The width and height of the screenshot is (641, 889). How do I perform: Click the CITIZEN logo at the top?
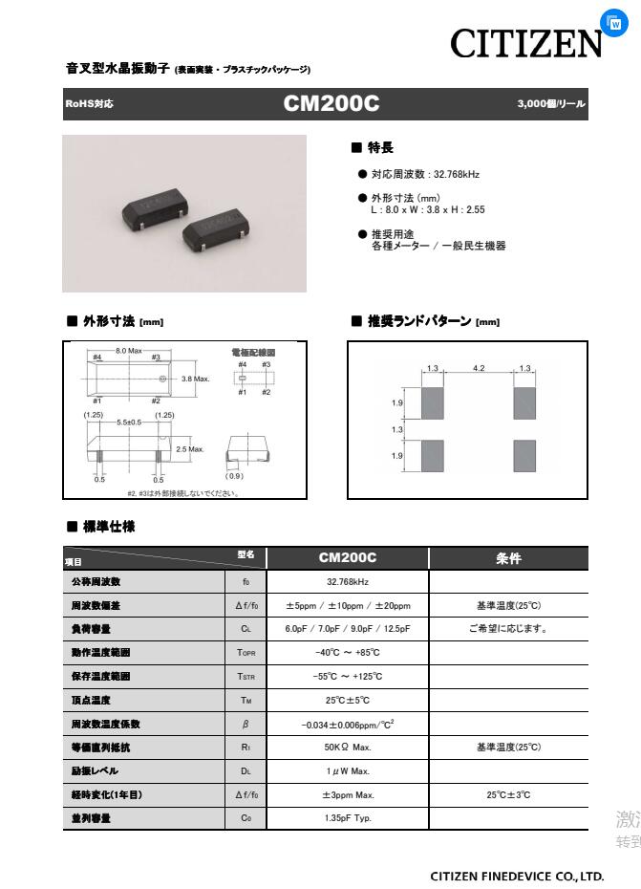coord(526,43)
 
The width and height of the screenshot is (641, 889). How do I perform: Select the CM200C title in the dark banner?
coord(331,103)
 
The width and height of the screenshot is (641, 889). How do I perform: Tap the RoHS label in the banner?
coord(89,104)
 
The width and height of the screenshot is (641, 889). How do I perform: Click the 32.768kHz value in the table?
coord(347,581)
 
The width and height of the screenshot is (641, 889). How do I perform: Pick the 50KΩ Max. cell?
coord(347,748)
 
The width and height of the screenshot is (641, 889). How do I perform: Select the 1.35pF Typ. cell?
coord(347,818)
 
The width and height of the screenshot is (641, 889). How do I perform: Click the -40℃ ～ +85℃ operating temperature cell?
coord(347,653)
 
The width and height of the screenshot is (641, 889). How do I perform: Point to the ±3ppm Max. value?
coord(347,794)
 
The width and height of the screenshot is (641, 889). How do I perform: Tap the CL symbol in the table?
coord(246,629)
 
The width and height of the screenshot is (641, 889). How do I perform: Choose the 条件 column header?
coord(508,558)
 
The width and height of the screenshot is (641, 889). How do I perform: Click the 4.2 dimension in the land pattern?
coord(479,368)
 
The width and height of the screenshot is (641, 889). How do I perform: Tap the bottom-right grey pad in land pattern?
coord(524,456)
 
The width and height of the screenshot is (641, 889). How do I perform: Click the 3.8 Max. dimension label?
coord(195,379)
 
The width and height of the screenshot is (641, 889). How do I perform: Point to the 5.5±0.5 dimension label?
coord(129,423)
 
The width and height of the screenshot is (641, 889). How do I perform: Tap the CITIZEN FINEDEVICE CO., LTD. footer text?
coord(517,876)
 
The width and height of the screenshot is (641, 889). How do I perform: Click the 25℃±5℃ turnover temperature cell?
coord(347,700)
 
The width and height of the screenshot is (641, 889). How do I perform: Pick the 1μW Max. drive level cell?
coord(347,770)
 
